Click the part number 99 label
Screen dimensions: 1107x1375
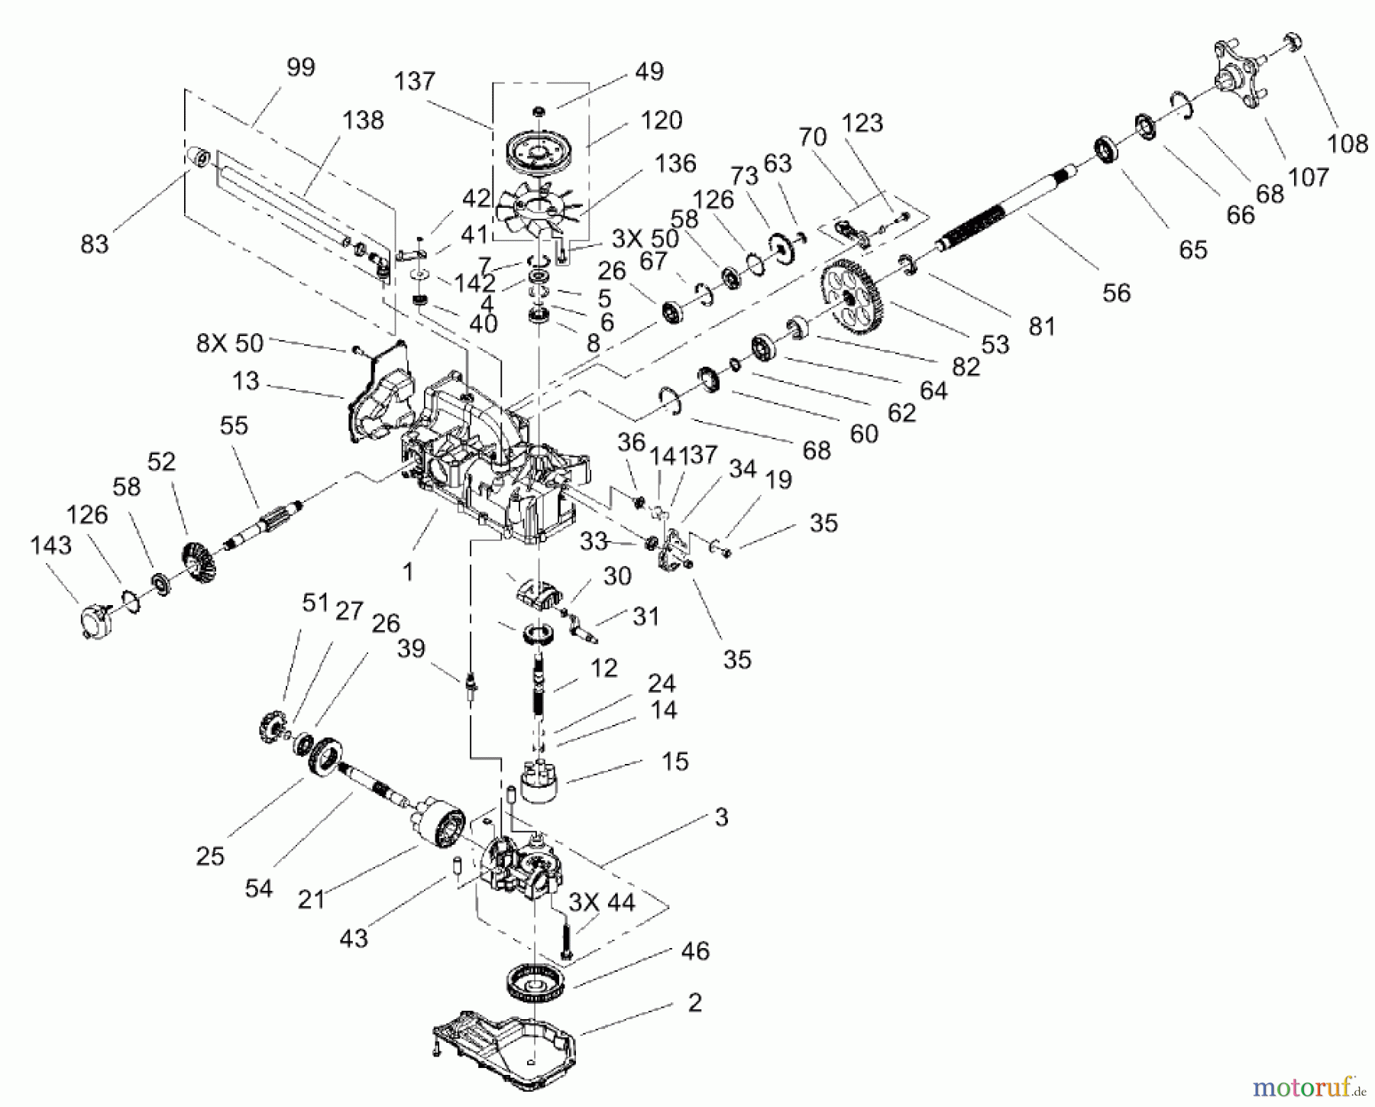click(x=300, y=67)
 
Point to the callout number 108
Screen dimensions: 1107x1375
click(x=1347, y=143)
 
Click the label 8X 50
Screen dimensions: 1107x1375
click(x=229, y=343)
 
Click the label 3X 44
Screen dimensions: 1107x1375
click(x=601, y=902)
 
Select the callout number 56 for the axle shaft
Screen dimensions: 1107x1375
click(x=1116, y=293)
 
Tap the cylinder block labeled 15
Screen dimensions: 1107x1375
click(x=540, y=784)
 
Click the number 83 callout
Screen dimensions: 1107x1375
click(x=94, y=244)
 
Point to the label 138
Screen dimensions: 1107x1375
click(x=363, y=121)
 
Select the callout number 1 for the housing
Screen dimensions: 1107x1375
click(x=407, y=571)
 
